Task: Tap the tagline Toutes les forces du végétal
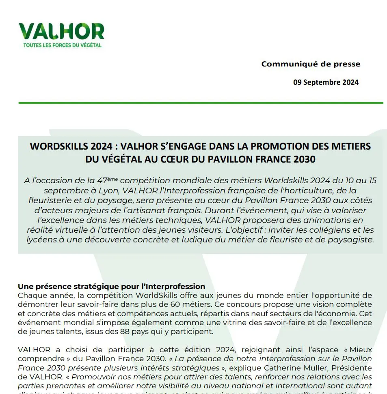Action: click(60, 45)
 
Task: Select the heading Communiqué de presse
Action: click(311, 64)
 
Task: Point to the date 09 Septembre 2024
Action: click(326, 82)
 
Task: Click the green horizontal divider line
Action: click(201, 103)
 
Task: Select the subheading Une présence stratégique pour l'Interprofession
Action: click(111, 287)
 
